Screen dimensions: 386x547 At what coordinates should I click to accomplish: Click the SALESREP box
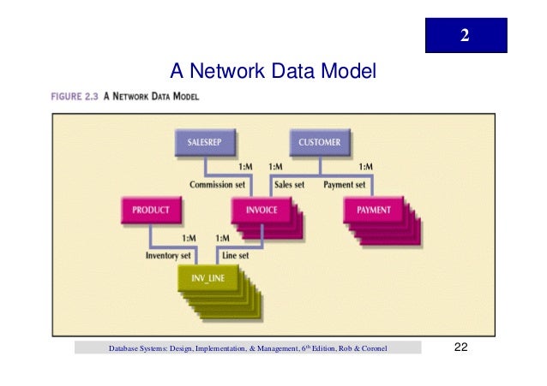206,143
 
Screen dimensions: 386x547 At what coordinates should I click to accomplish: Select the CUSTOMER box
319,143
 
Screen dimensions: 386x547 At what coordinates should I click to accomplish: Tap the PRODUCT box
151,210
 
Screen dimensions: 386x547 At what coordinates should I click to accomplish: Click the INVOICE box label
261,210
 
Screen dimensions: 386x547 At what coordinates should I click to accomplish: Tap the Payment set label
344,184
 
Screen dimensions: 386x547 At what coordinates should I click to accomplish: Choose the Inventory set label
168,254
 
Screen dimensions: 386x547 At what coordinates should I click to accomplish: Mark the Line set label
235,254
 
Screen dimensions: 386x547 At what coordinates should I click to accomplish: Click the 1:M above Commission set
243,166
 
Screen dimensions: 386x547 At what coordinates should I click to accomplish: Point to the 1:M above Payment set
364,166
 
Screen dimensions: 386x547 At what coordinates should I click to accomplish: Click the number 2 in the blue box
465,36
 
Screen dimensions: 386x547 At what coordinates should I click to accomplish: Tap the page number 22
460,347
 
